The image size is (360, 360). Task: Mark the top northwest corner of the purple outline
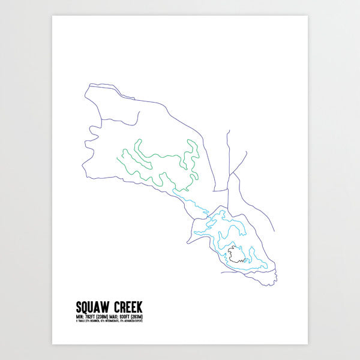click(88, 86)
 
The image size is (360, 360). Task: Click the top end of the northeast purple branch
click(228, 131)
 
